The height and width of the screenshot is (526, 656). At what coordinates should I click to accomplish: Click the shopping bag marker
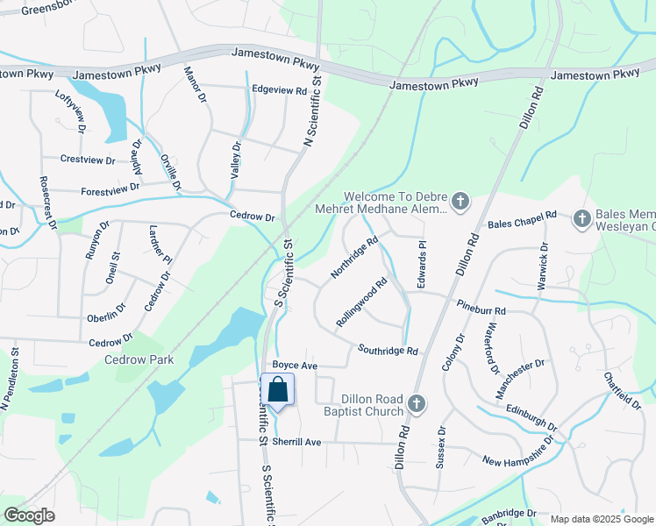pos(277,389)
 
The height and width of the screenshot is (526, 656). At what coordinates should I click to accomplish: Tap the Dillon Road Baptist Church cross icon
pos(417,404)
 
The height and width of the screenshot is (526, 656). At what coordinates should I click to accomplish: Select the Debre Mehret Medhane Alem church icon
pos(460,203)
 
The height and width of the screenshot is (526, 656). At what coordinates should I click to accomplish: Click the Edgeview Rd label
pos(279,90)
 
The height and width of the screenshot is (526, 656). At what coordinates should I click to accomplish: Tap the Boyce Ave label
pos(294,365)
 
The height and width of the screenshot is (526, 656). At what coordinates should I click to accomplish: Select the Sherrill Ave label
pos(296,442)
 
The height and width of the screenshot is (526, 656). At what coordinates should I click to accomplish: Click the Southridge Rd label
pos(388,351)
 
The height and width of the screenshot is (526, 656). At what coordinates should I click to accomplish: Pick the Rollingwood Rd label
pos(362,303)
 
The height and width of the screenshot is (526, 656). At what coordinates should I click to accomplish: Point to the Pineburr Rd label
pos(481,310)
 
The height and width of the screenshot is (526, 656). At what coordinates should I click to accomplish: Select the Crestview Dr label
pos(88,160)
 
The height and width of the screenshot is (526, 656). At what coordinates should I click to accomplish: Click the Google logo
pos(29,515)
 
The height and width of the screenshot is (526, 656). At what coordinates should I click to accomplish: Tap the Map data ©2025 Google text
pos(601,519)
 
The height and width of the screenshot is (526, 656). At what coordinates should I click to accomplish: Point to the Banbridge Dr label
pos(507,513)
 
